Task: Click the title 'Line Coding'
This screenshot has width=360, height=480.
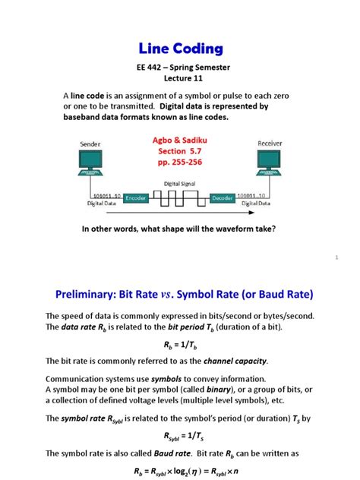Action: coord(180,49)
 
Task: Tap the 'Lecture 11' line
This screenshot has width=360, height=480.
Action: coord(180,81)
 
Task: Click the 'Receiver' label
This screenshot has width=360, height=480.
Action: coord(270,142)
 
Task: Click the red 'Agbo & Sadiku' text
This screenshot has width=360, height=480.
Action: coord(180,140)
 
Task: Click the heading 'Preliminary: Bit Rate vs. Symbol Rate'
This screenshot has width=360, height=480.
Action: coord(179,292)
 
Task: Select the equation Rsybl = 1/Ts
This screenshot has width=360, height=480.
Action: coord(179,436)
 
